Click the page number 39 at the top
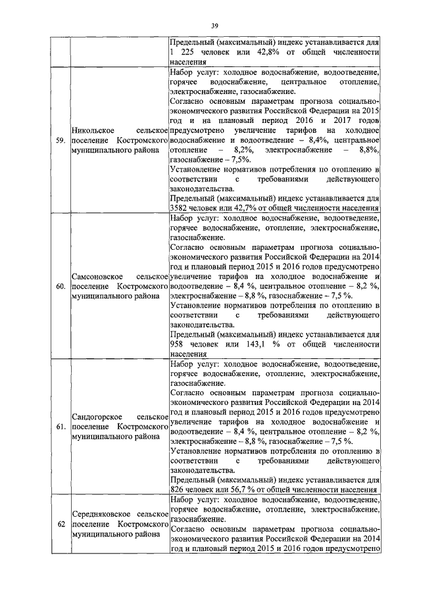(214, 26)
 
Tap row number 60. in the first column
(60, 287)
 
